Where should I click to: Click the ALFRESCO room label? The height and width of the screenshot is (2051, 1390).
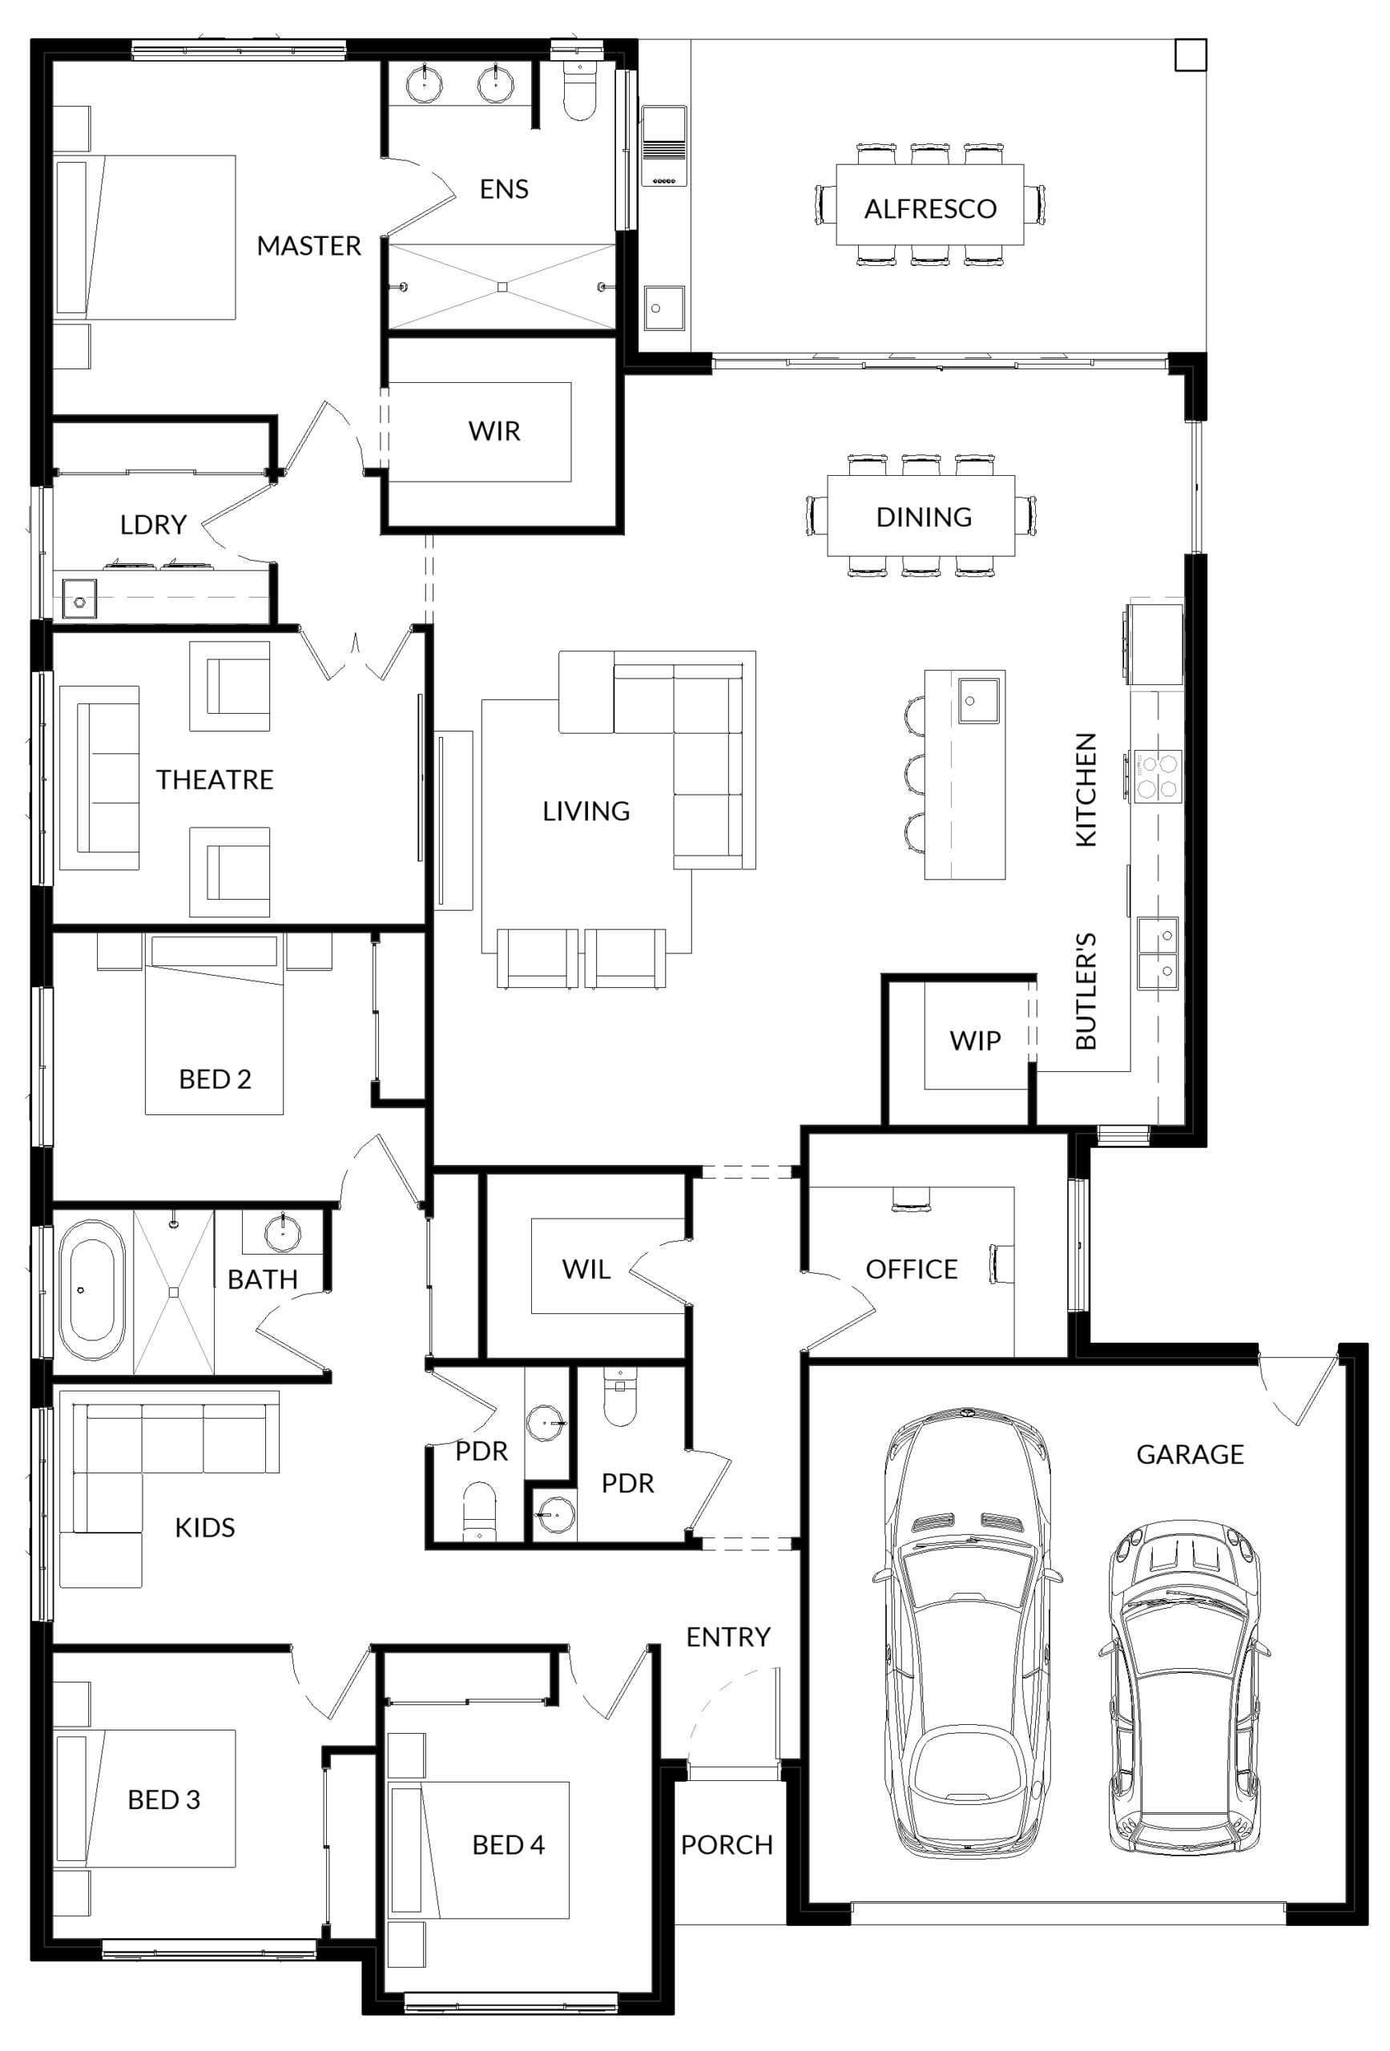[929, 209]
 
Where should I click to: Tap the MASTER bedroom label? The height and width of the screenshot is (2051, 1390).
[309, 245]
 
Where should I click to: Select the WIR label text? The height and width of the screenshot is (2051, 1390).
[494, 432]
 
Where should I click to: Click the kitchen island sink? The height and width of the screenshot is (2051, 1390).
[979, 701]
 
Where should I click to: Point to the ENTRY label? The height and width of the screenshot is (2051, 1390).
[728, 1637]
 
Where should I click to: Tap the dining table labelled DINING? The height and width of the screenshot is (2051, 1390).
[921, 515]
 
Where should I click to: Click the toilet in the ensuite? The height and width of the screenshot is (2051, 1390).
[579, 92]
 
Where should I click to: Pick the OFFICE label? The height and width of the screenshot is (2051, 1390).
[911, 1270]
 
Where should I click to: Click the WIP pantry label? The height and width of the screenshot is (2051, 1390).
[975, 1042]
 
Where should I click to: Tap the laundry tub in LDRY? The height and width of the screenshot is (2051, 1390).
[79, 598]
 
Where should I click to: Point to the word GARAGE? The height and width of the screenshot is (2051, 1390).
[1190, 1454]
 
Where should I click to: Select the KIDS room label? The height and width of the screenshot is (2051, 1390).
[205, 1528]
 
